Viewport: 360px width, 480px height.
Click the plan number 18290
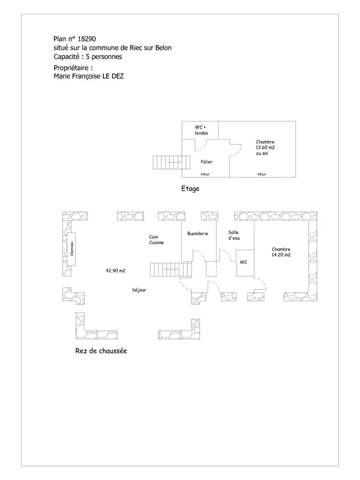click(x=86, y=39)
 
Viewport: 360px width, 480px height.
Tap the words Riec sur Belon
click(x=151, y=48)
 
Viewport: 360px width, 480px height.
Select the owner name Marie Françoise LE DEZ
click(x=89, y=76)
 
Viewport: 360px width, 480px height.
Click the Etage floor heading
click(x=190, y=188)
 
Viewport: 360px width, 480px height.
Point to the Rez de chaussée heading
click(x=101, y=351)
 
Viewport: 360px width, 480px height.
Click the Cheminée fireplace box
click(x=71, y=249)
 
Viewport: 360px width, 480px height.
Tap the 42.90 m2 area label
click(x=115, y=271)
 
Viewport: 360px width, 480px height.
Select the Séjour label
click(x=139, y=290)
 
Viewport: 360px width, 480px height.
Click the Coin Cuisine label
click(x=157, y=239)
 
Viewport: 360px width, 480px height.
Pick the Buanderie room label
click(x=198, y=233)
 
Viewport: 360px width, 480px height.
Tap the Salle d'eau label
click(x=234, y=235)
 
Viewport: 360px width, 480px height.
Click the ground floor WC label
click(x=244, y=262)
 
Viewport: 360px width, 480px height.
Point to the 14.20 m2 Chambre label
click(x=281, y=252)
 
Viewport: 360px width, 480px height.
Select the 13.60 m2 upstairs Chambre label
click(x=265, y=148)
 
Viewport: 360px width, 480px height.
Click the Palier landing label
click(x=206, y=161)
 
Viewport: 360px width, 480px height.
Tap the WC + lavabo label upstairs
click(x=201, y=130)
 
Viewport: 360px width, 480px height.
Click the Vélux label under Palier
click(x=205, y=174)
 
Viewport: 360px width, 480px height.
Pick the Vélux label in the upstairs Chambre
click(x=262, y=174)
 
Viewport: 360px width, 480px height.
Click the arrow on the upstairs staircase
click(x=174, y=162)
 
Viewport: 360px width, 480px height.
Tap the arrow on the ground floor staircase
click(x=171, y=269)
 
